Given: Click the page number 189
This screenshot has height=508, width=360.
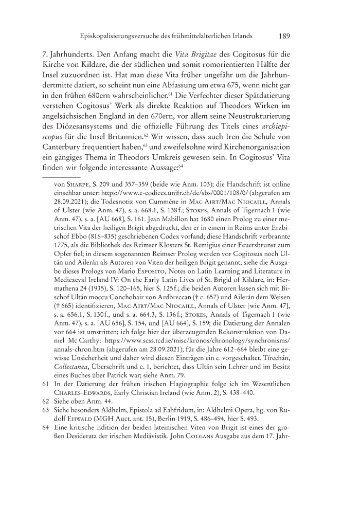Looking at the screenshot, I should coord(285,36).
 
